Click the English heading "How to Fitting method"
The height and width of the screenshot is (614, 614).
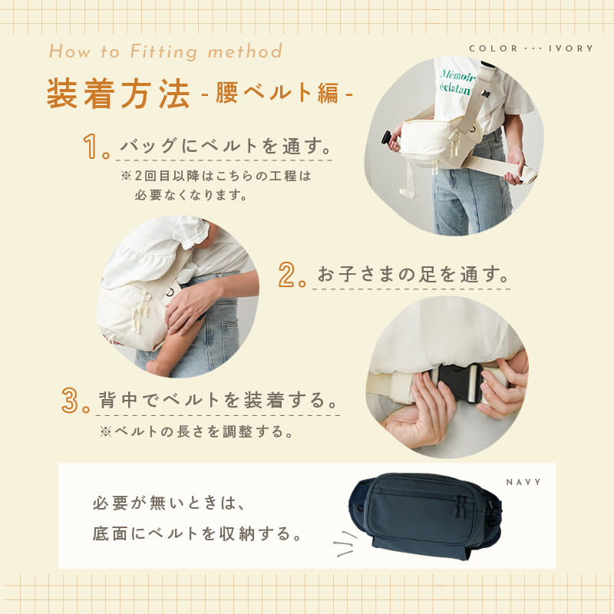165,51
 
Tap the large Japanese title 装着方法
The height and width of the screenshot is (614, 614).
118,94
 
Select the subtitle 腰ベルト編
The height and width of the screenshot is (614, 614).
277,93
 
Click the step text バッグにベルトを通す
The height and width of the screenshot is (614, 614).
226,146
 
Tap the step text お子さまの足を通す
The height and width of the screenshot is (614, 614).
413,274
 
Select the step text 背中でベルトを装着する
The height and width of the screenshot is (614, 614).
218,400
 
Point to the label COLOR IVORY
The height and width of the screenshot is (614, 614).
531,48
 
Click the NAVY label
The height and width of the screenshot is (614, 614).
523,482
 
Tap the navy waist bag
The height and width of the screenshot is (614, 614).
425,515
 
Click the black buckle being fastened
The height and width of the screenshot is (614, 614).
457,382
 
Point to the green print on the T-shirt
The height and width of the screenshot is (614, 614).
456,81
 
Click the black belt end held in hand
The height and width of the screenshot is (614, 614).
387,138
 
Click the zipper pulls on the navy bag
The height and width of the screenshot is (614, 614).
460,507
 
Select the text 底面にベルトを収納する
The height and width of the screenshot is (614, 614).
197,533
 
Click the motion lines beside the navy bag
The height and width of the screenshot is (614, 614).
345,543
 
